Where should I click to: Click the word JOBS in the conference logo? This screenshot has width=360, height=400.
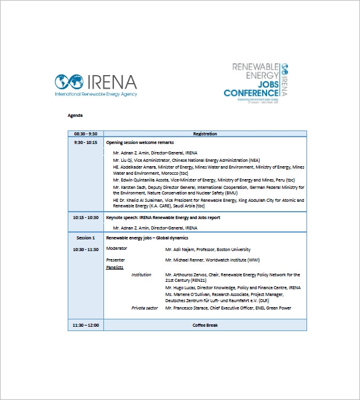click(x=266, y=84)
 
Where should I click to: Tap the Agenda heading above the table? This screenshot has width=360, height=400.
click(x=75, y=115)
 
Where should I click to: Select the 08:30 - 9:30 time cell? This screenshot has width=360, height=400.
click(x=86, y=134)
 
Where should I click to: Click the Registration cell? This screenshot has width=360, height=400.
click(x=205, y=134)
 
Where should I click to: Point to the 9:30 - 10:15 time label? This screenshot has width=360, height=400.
click(x=86, y=142)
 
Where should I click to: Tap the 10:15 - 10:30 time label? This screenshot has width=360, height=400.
click(x=86, y=217)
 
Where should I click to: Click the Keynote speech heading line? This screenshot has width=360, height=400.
click(x=163, y=217)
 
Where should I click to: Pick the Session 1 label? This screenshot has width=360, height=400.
click(x=86, y=238)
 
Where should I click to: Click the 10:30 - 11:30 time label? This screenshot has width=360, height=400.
click(x=86, y=249)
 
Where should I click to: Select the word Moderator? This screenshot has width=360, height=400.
click(x=117, y=249)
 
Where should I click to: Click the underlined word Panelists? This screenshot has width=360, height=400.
click(x=115, y=267)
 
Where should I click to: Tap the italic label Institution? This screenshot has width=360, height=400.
click(x=142, y=274)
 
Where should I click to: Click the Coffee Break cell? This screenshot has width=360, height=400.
click(x=205, y=325)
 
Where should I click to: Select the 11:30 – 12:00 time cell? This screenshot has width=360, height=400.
click(x=86, y=325)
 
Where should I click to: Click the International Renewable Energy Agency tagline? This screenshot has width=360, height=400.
click(x=96, y=94)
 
